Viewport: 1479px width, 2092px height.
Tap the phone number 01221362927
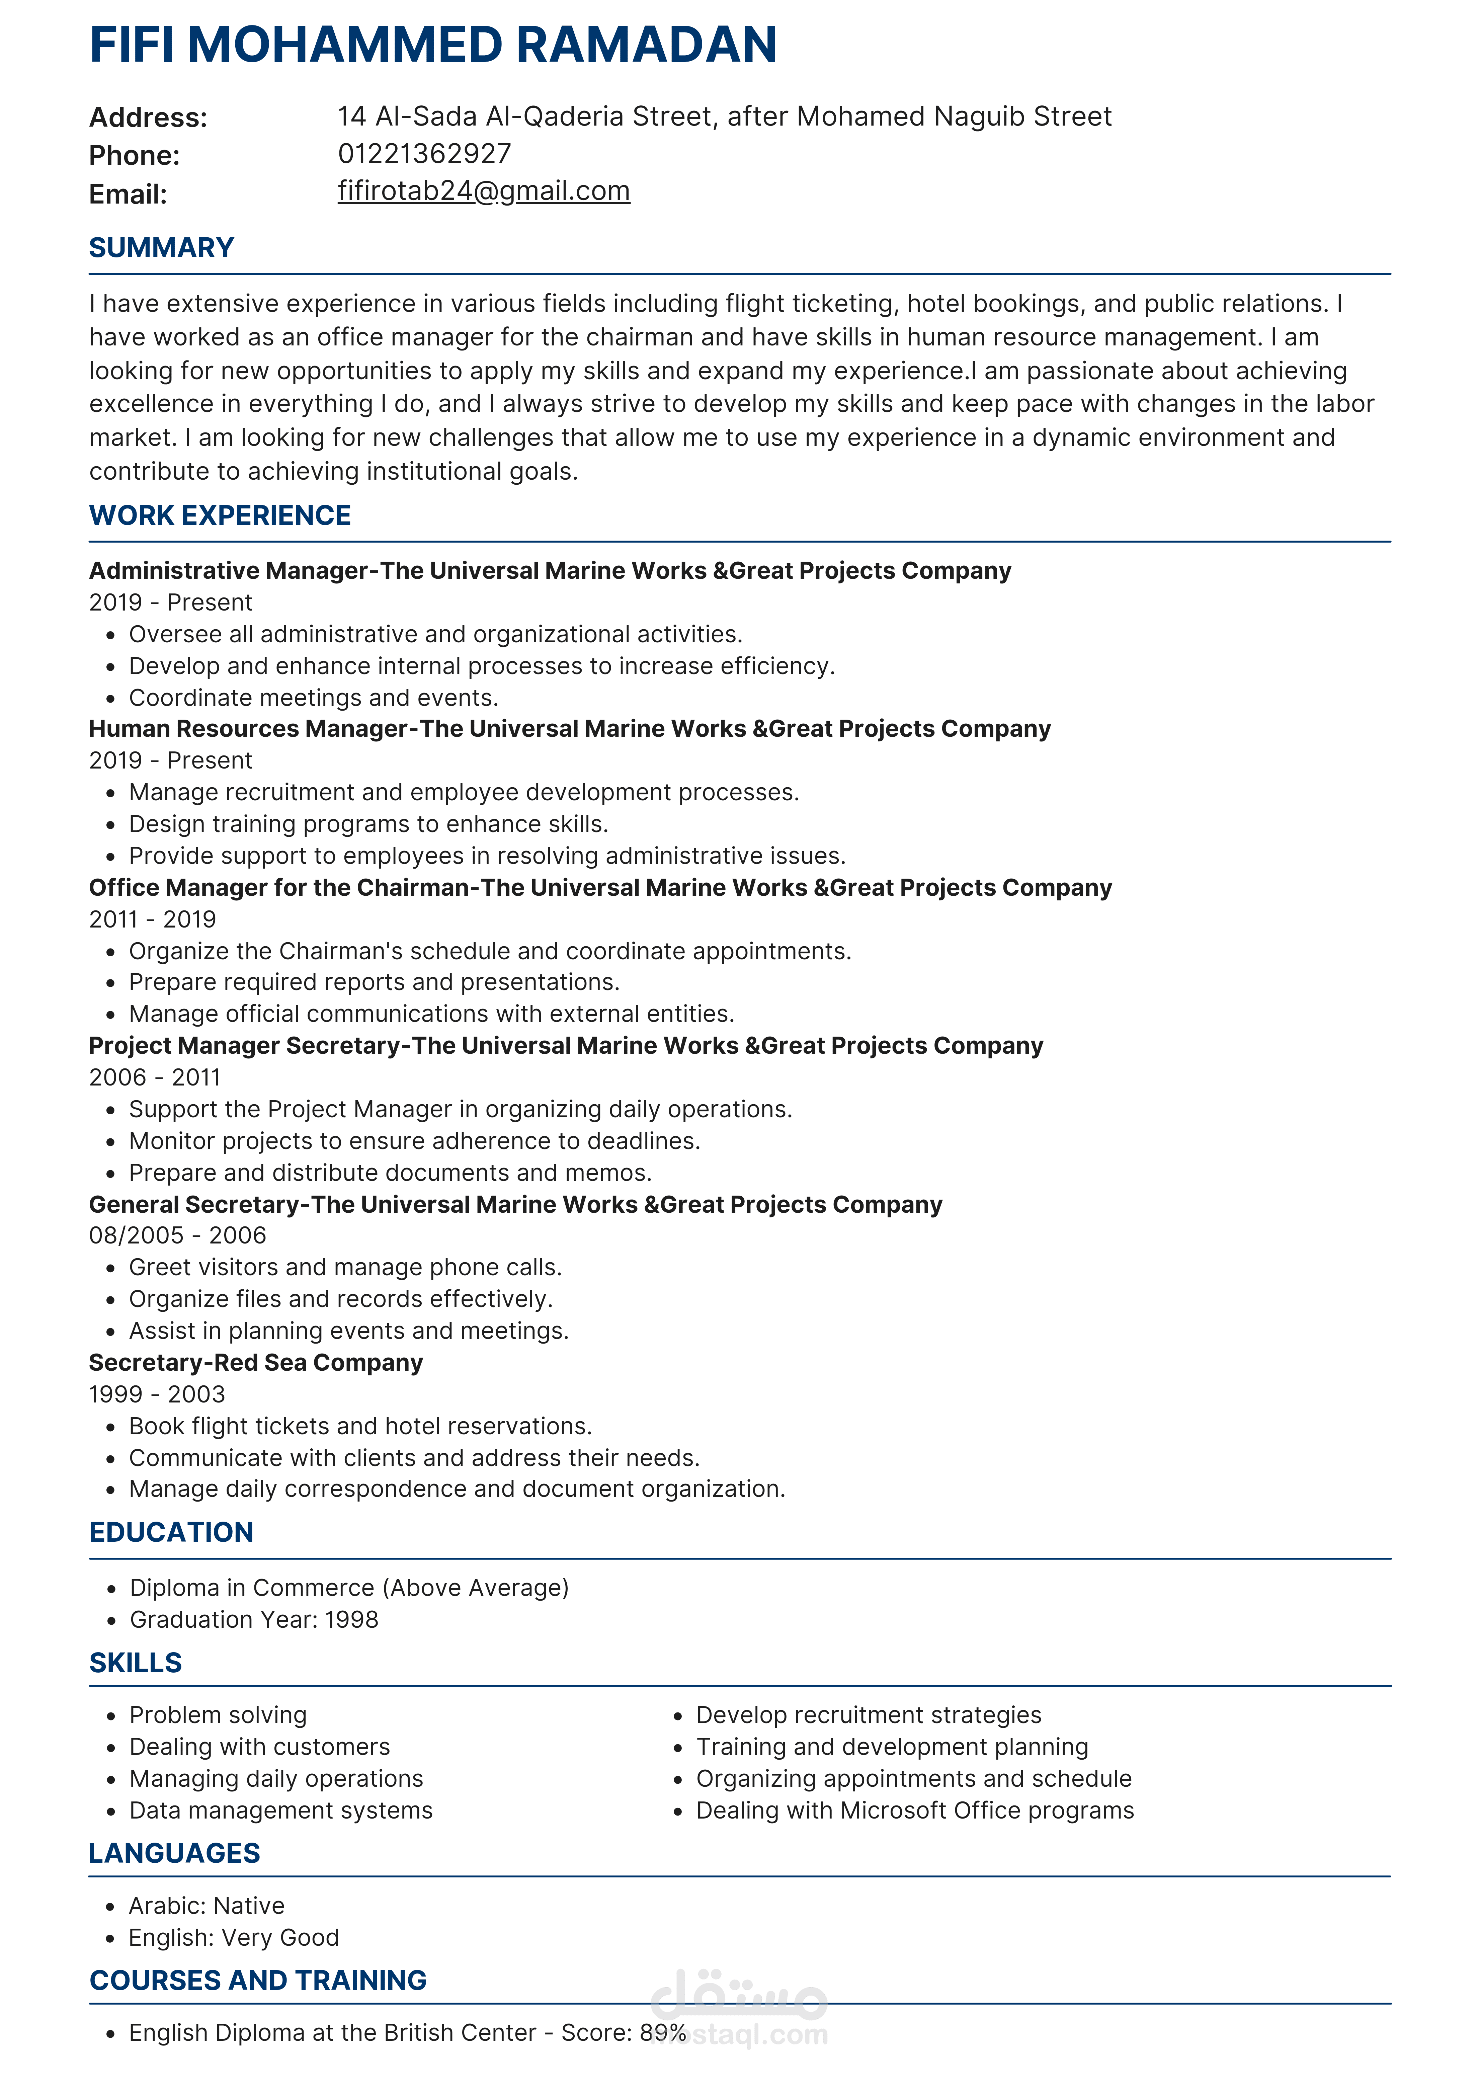tap(425, 154)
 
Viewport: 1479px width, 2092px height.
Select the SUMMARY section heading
tap(161, 248)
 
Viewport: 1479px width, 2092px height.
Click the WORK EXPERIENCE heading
tap(220, 516)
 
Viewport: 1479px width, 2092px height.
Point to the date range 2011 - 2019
tap(152, 919)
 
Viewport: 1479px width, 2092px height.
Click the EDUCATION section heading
tap(171, 1533)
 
